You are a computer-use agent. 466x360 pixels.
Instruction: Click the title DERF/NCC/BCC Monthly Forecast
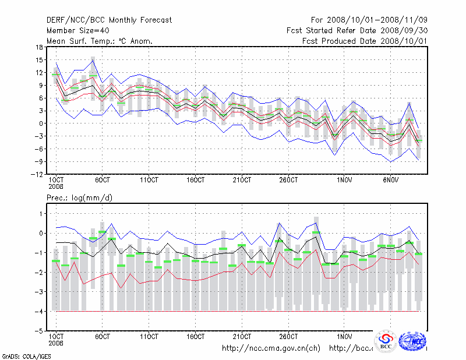(109, 20)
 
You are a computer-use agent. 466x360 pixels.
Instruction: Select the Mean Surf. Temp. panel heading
(100, 41)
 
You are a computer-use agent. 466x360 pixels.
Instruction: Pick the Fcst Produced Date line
(365, 41)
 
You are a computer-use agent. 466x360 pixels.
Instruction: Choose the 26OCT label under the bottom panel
(289, 337)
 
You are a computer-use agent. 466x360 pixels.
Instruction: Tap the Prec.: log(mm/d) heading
(79, 197)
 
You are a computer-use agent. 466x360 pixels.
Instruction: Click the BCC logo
(386, 341)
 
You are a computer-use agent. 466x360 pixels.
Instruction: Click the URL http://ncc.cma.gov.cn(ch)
(271, 348)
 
